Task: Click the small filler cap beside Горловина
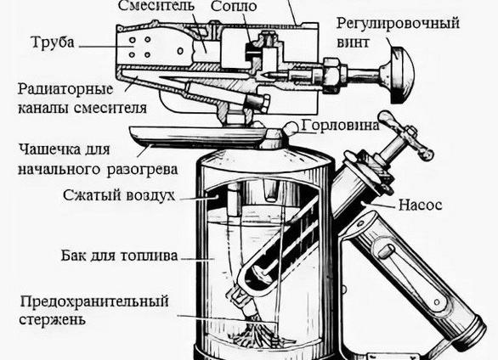point(291,129)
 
